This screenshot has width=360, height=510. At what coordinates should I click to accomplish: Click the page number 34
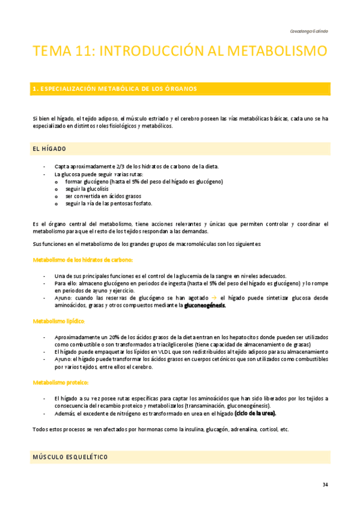coord(325,485)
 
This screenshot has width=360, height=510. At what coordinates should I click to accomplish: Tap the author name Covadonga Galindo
coord(308,30)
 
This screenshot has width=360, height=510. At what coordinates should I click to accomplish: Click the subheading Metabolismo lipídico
coord(58,321)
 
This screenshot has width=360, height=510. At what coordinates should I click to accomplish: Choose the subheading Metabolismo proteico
coord(61,382)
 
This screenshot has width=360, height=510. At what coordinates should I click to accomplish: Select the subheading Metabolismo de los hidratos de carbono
coord(82,259)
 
